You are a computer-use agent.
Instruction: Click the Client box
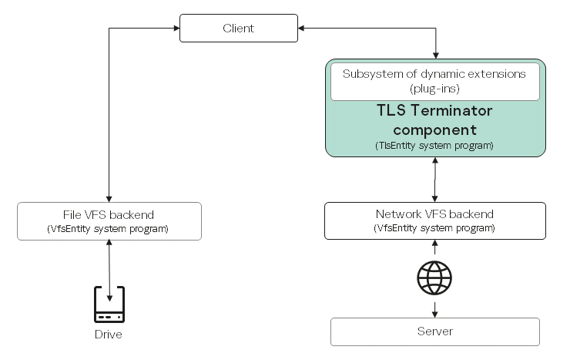tap(238, 29)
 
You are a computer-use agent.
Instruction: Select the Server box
tap(435, 331)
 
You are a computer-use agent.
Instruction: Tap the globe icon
tap(435, 278)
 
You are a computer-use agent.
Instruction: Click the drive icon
tap(109, 304)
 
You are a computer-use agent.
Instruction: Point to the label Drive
tap(109, 335)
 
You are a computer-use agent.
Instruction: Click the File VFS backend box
tap(109, 220)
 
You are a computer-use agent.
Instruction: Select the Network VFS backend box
tap(435, 220)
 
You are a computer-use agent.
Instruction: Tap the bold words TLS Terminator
tap(435, 111)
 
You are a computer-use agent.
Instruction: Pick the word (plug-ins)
tap(435, 89)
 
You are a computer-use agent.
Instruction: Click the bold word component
tap(435, 129)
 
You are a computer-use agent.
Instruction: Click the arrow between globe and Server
tap(436, 308)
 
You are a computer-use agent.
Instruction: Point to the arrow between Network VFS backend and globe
tap(436, 248)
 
